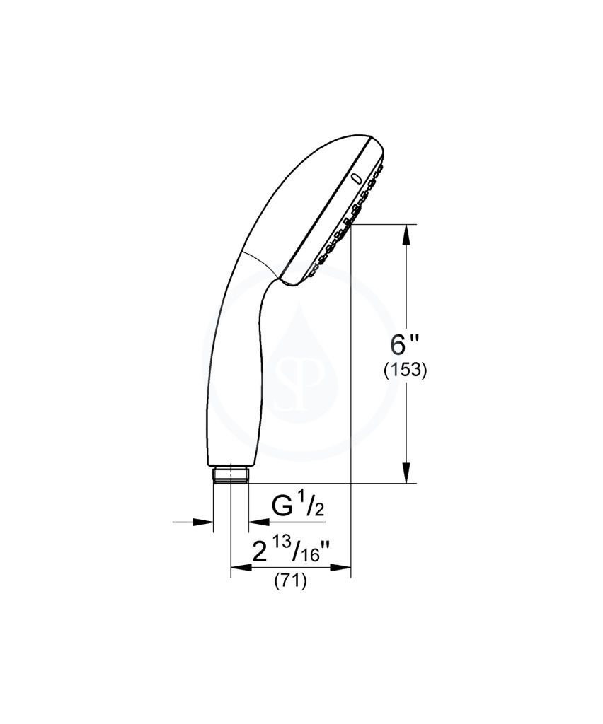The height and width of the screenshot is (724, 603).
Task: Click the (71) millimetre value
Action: [291, 581]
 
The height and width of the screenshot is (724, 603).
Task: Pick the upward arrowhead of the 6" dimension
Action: [406, 235]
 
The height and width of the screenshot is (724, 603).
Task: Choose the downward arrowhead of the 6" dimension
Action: [406, 473]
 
